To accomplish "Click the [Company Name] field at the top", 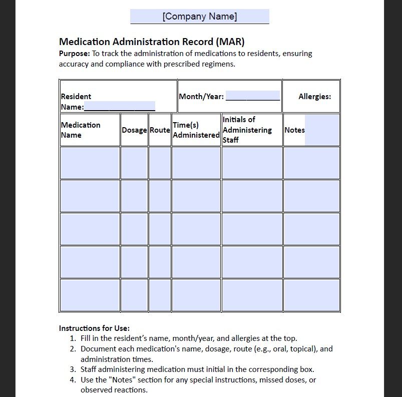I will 199,17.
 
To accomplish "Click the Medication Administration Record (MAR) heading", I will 152,42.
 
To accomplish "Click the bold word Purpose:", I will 75,54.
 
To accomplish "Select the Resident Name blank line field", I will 120,106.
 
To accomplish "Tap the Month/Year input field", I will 252,96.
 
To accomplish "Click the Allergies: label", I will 314,96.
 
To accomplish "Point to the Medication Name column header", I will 81,130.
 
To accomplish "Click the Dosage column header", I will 134,130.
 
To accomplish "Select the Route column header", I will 160,130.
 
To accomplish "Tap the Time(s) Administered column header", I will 196,130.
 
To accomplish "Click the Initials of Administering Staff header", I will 247,130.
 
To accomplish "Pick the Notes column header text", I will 294,130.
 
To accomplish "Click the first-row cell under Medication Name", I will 90,163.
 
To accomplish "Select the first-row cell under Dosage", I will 134,163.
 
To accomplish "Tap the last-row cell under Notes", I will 311,295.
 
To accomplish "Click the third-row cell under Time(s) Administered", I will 196,229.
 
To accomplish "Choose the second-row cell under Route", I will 160,196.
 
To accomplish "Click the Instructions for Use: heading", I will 94,328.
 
